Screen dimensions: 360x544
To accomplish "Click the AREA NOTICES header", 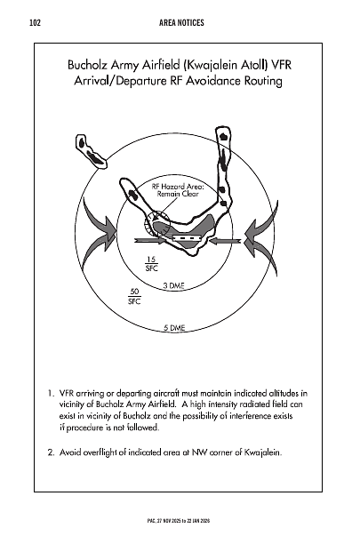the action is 179,20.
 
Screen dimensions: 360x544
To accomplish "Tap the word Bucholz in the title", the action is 94,65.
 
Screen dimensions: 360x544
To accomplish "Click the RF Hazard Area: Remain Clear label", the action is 178,190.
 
